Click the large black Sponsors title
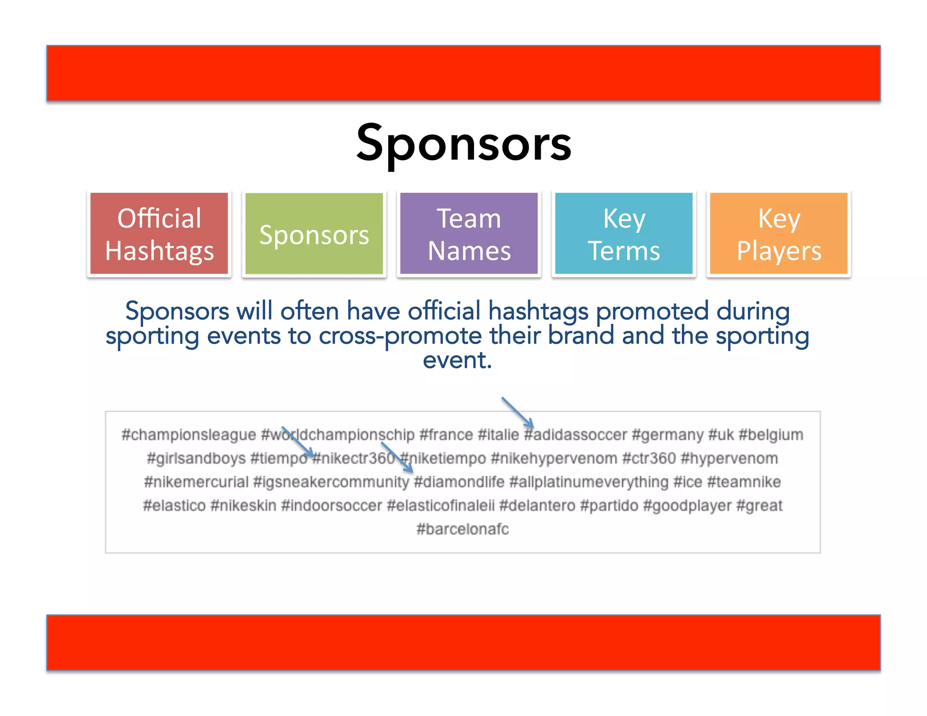click(463, 144)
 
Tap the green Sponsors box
click(314, 234)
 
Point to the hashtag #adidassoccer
click(576, 435)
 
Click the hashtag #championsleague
click(189, 435)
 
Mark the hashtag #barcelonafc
click(463, 529)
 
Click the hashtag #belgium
click(771, 435)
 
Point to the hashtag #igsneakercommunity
click(331, 482)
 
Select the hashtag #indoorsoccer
click(332, 506)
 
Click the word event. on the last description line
click(457, 361)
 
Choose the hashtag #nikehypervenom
click(554, 458)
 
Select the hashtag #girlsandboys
click(196, 458)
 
